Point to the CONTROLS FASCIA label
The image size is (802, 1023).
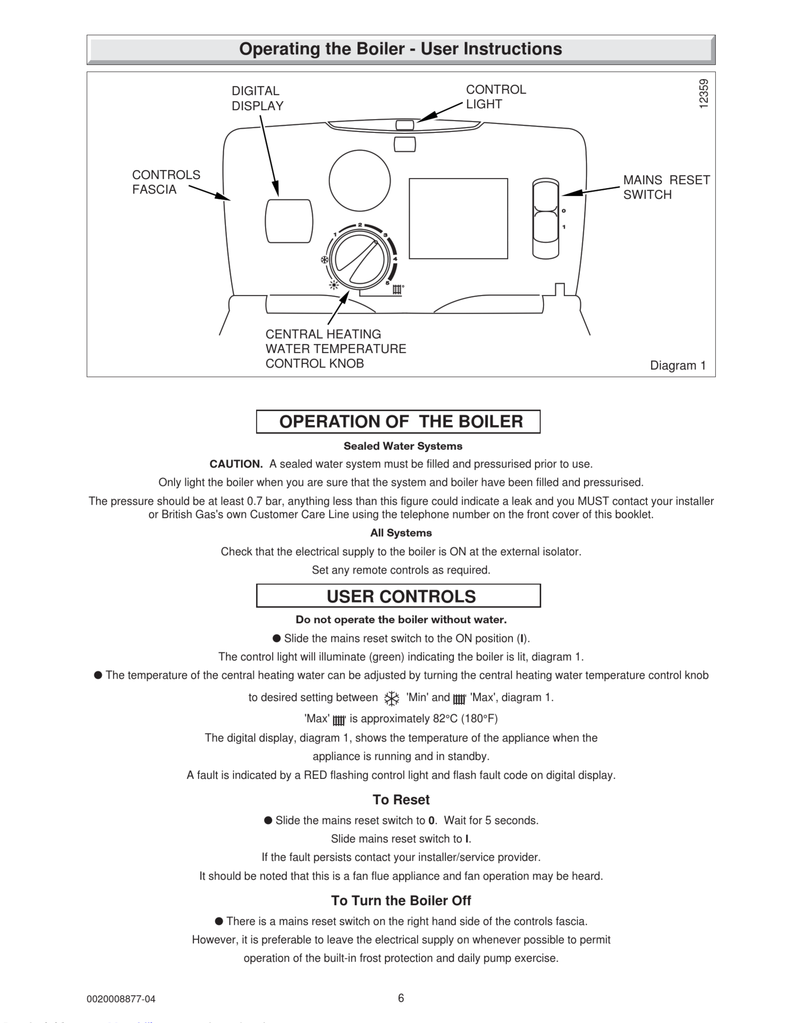coord(166,182)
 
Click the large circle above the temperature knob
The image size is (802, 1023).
coord(360,181)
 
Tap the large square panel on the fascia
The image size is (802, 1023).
coord(458,218)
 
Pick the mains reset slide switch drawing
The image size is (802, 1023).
coord(546,219)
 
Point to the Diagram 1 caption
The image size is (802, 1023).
coord(677,366)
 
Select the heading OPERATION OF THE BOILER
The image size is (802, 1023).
coord(401,421)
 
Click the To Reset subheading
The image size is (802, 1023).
coord(401,800)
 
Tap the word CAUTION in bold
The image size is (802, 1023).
coord(236,464)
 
